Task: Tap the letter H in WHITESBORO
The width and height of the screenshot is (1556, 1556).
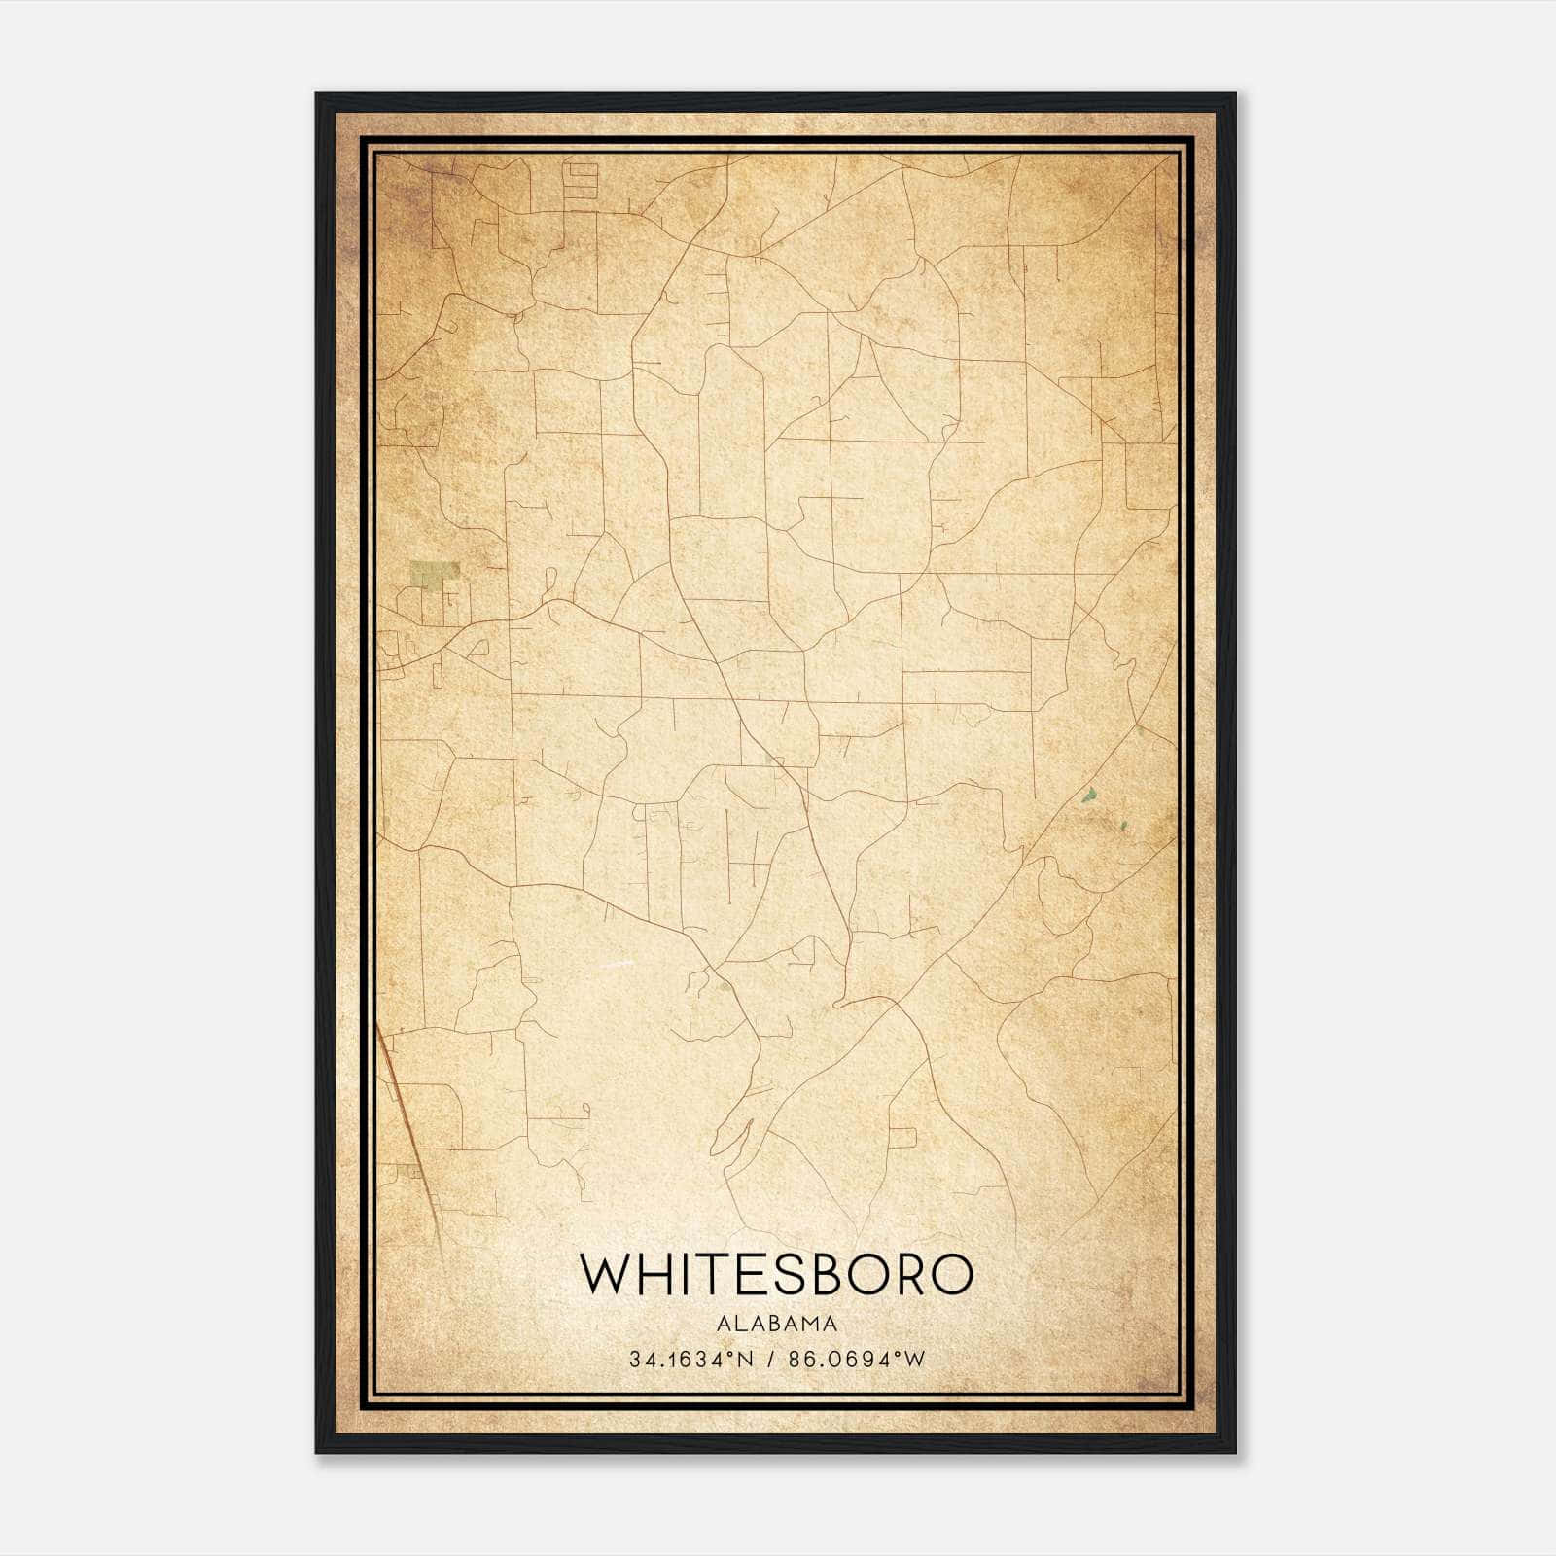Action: (x=655, y=1275)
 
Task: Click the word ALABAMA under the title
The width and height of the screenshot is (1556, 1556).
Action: (x=777, y=1323)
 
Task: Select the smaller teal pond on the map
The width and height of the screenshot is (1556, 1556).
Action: (x=1123, y=827)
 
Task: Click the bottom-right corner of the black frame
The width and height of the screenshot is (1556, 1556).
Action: (x=1234, y=1451)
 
